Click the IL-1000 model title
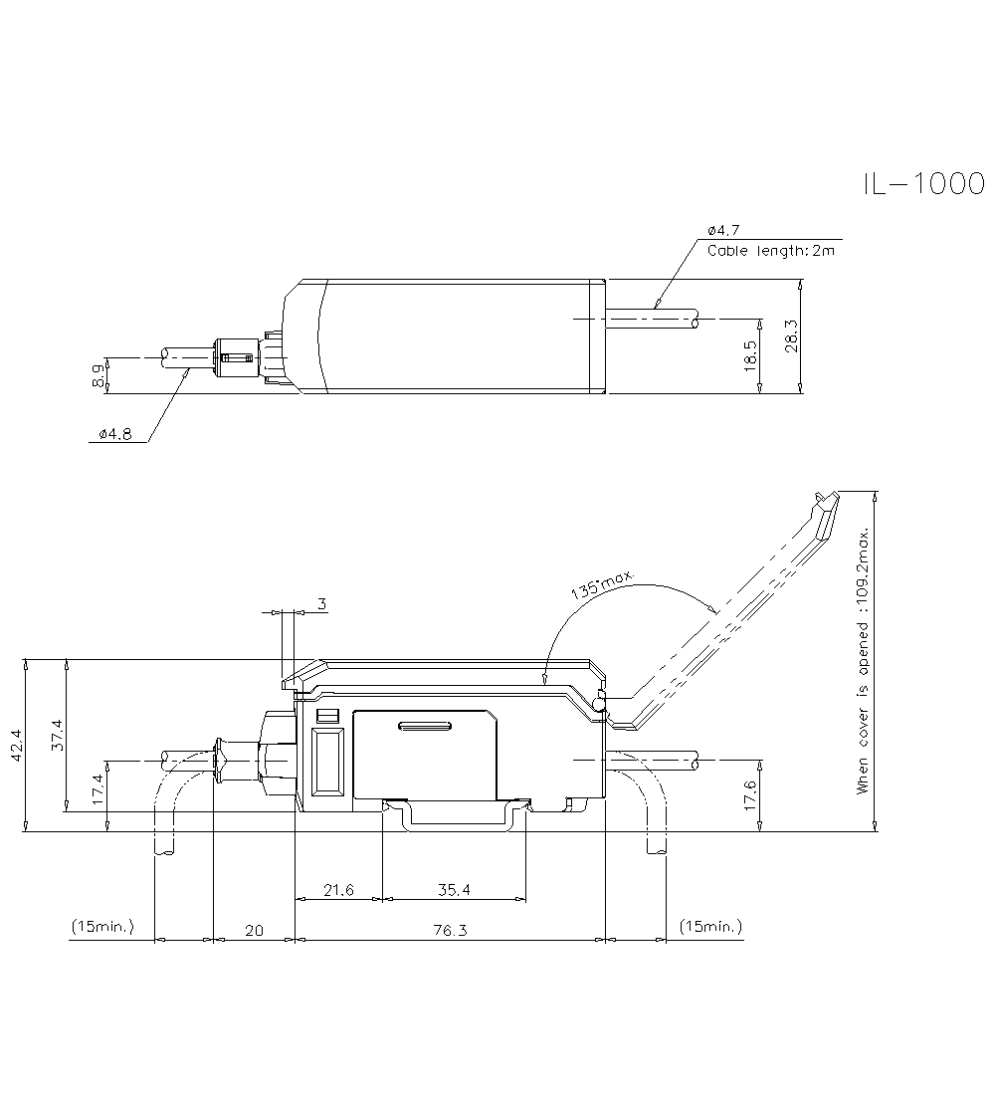point(923,184)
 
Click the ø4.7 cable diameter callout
point(723,230)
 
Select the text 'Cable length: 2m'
point(771,250)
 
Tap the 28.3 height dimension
point(791,336)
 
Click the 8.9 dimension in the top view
point(98,374)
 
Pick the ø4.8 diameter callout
point(115,434)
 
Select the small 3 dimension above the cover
point(321,604)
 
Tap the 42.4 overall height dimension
point(16,746)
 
